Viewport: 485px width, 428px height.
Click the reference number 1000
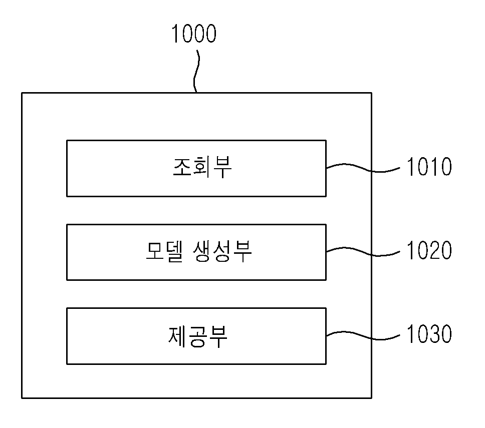193,34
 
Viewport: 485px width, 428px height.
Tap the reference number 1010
429,167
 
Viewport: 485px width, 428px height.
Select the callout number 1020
429,250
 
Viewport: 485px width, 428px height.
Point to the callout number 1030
429,334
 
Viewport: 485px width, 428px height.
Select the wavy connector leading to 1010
363,168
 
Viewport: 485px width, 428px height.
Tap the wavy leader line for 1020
363,252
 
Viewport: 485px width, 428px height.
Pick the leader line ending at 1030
363,335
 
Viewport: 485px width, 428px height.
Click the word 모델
164,251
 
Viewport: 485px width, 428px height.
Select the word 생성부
222,251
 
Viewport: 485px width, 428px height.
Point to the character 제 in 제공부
177,335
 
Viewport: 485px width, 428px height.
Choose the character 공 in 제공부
197,336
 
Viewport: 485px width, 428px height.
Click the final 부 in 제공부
218,336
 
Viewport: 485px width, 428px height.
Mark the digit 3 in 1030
434,334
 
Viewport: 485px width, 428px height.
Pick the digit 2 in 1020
434,250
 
